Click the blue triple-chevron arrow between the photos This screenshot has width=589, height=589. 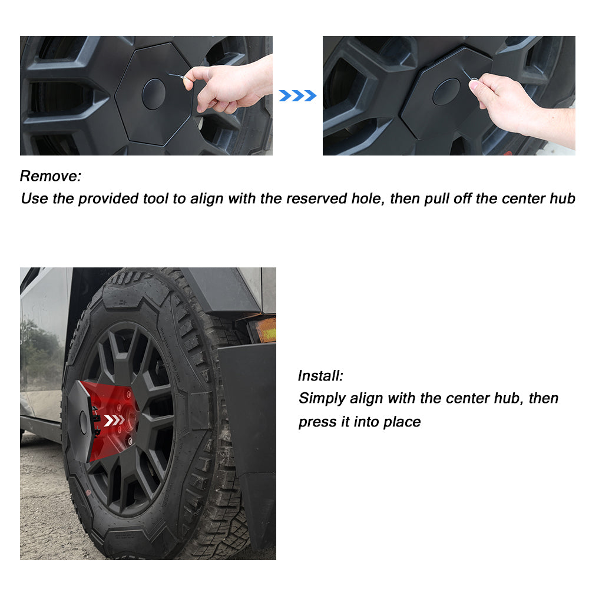click(297, 96)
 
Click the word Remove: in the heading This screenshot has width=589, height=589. click(50, 176)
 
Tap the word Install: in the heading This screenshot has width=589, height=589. click(320, 376)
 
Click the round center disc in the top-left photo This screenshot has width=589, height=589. click(154, 94)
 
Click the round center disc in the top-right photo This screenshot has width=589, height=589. click(446, 92)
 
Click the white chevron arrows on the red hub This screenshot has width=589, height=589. click(114, 420)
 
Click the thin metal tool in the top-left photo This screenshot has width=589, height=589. click(177, 76)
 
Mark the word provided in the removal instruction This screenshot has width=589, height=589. click(108, 198)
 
